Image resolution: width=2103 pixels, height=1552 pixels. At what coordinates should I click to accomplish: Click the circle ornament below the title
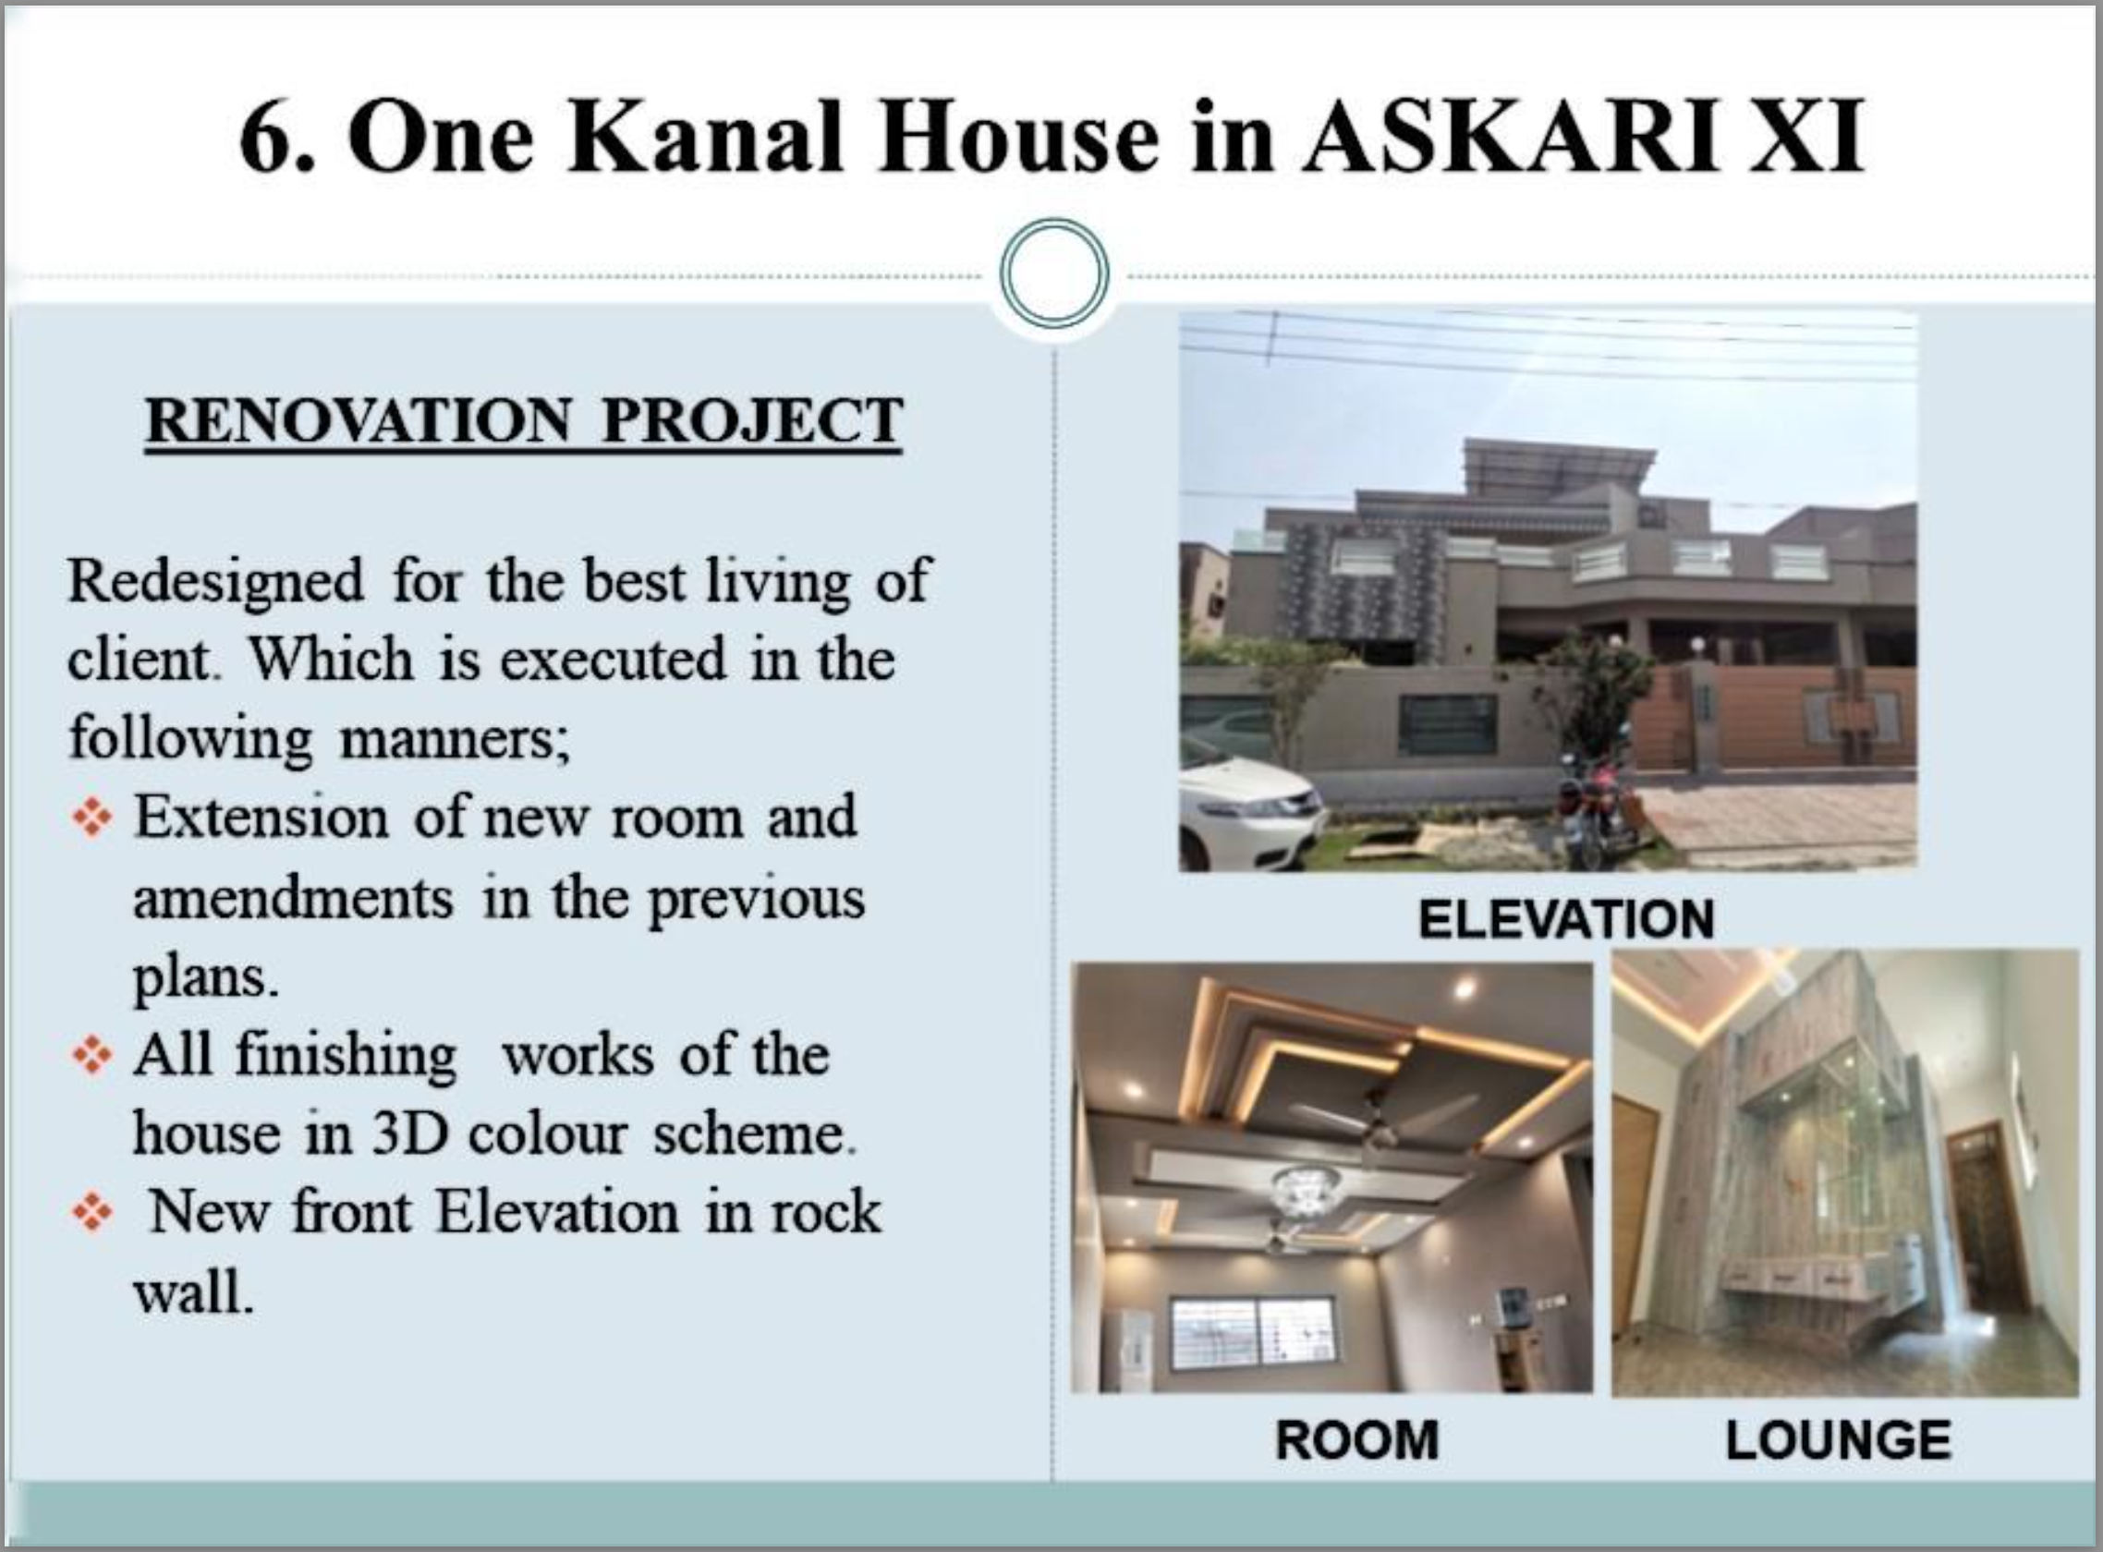1054,273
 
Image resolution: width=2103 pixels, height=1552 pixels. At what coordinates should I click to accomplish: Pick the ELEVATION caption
1566,919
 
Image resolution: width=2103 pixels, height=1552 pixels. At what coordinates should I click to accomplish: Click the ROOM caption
1357,1439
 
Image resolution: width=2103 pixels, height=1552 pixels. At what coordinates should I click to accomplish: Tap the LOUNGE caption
1839,1440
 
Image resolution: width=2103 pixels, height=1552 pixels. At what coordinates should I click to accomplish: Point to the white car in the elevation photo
1245,810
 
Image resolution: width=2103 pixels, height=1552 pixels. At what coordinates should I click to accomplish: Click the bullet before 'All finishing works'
92,1054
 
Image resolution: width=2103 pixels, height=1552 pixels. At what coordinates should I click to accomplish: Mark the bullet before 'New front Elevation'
92,1212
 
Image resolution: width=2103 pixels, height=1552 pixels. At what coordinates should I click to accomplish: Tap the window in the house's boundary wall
1447,724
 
